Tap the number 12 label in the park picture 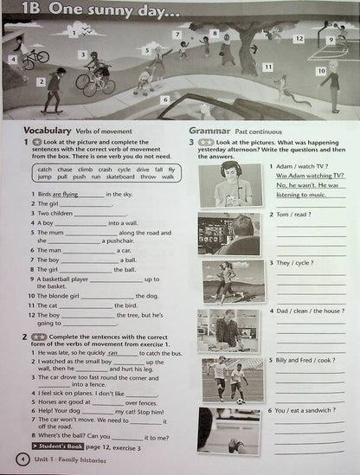(299, 39)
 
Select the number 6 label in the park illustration (164, 99)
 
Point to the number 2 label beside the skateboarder (41, 81)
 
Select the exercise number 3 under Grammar (190, 141)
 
